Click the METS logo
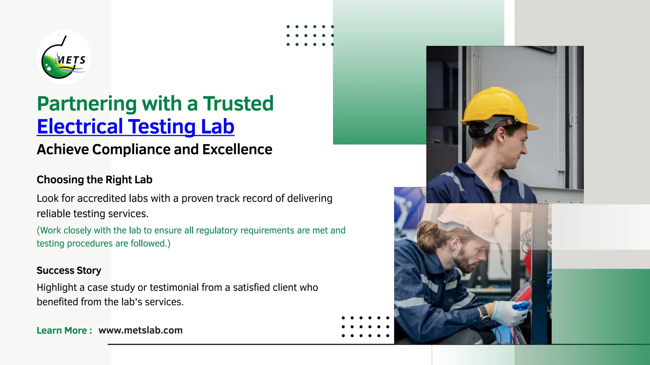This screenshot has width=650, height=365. [x=64, y=57]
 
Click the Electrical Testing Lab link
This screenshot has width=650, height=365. [x=136, y=126]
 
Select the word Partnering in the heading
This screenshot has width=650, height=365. [x=87, y=104]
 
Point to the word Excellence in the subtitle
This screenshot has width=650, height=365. [x=237, y=150]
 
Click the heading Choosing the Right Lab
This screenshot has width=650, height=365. [x=94, y=180]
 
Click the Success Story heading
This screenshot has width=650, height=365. [x=69, y=271]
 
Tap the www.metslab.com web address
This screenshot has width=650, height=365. [x=140, y=330]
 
